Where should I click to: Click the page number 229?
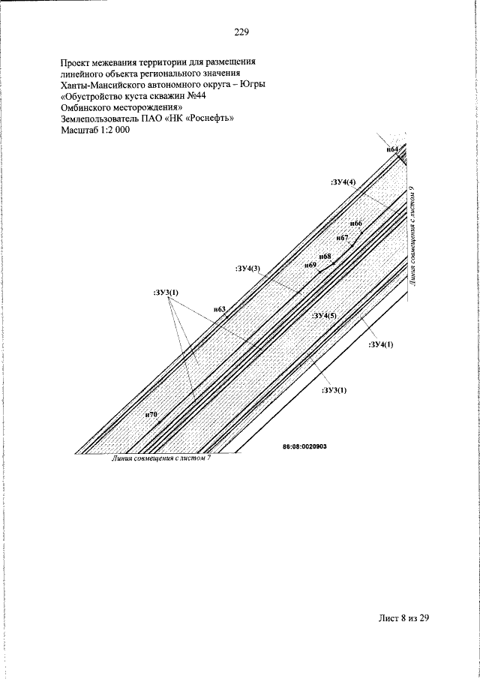tap(241, 32)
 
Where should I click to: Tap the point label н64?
tap(392, 149)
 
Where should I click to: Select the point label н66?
tap(355, 223)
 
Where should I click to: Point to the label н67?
tap(342, 238)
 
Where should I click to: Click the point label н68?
tap(325, 257)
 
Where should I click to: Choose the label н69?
tap(310, 265)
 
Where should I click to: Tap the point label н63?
tap(220, 309)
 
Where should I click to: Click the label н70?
tap(151, 414)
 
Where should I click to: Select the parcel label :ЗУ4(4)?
tap(343, 182)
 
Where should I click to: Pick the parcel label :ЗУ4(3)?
tap(248, 269)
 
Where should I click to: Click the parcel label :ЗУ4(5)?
tap(324, 316)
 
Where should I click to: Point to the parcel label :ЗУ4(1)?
tap(381, 344)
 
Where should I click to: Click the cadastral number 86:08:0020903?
tap(304, 446)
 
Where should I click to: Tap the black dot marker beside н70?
tap(159, 422)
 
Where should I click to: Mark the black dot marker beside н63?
tap(226, 317)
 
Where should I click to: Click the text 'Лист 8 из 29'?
tap(403, 618)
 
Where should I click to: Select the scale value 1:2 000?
tap(111, 130)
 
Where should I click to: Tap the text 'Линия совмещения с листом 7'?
tap(161, 459)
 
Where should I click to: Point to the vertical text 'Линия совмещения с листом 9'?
tap(412, 236)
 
